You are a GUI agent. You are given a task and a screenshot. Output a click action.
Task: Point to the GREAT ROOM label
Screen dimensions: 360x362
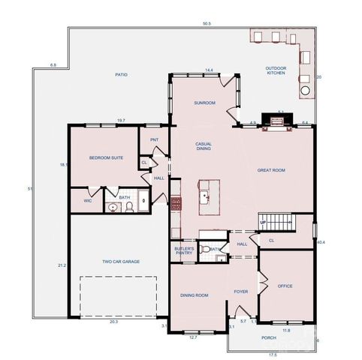(x=271, y=170)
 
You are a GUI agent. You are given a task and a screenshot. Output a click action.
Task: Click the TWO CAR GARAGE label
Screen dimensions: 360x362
(x=121, y=262)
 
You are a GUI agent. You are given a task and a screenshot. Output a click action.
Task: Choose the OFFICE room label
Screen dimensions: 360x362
(x=285, y=286)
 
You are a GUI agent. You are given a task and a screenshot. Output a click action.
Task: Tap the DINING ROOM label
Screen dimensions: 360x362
(x=194, y=295)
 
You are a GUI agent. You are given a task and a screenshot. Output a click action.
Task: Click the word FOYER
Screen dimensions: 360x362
(x=240, y=292)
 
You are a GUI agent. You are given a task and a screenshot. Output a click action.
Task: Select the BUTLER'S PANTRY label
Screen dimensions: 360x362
(x=185, y=250)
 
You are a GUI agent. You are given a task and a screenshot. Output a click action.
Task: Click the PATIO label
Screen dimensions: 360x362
(x=121, y=74)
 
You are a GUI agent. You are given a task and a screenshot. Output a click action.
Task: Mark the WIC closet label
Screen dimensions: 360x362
(x=87, y=200)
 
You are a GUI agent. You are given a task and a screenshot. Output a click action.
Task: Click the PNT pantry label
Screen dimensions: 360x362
(x=154, y=139)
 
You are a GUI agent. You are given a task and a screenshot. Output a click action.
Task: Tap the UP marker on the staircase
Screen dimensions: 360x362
(x=263, y=223)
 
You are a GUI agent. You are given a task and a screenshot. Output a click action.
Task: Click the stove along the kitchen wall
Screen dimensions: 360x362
(x=176, y=203)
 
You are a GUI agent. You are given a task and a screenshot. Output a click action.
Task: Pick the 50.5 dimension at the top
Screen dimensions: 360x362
(x=207, y=23)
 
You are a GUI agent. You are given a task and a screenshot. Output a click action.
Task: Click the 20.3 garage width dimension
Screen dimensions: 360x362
(x=113, y=321)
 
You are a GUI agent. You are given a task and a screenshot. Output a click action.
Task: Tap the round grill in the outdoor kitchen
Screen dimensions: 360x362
(x=306, y=92)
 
